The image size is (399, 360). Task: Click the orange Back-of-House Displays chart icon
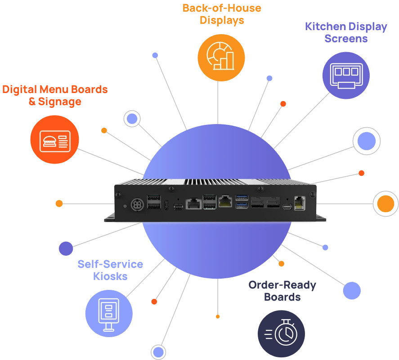point(221,58)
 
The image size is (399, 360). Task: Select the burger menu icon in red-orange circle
point(54,139)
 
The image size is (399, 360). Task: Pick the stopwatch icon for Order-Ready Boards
point(281,333)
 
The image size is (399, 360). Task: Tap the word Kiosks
point(110,276)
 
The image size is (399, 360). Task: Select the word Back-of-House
point(222,8)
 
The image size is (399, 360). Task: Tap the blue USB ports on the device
point(241,201)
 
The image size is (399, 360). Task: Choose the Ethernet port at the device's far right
point(300,203)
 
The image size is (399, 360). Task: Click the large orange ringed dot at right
point(386,204)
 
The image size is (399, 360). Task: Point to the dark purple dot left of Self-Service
point(66,248)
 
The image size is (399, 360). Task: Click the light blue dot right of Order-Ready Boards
point(352,291)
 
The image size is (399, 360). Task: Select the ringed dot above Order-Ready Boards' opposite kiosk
point(131,119)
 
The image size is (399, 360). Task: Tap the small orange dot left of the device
point(59,204)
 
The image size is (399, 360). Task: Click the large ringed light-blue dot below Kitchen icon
point(367,141)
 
